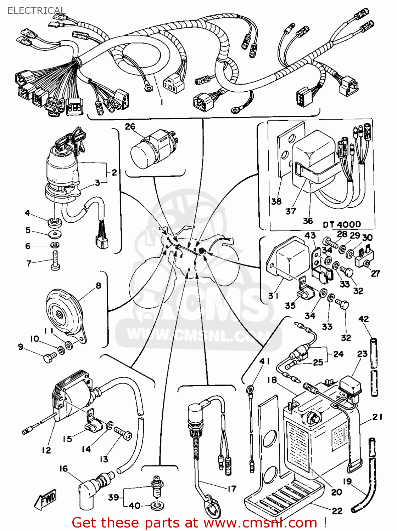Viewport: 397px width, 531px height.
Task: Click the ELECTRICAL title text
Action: click(x=37, y=11)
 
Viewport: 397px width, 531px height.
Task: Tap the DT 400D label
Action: click(x=342, y=224)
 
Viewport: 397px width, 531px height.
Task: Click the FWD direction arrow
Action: click(x=45, y=499)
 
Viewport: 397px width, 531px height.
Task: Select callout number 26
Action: click(x=130, y=126)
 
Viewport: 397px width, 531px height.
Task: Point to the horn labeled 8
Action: click(x=64, y=312)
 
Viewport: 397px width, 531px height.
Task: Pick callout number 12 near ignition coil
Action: click(x=46, y=450)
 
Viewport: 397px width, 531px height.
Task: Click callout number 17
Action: click(x=232, y=489)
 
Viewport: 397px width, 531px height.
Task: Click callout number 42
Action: click(x=364, y=319)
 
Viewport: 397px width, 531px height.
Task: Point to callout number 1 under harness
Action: click(x=162, y=102)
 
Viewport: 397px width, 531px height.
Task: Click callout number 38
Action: click(x=276, y=201)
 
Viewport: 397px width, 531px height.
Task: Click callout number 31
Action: click(x=273, y=295)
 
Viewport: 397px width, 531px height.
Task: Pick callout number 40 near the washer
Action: click(x=135, y=506)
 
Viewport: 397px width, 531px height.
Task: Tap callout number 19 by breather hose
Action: click(x=347, y=481)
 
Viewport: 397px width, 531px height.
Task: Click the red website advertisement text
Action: click(x=199, y=523)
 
